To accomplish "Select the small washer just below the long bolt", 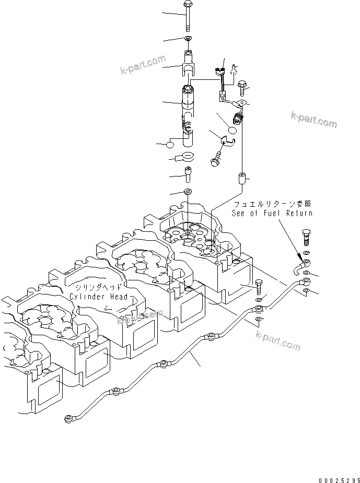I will pos(188,39).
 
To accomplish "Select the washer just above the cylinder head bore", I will pos(188,191).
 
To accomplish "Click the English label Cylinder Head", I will pos(99,297).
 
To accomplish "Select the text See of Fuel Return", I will pos(272,213).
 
